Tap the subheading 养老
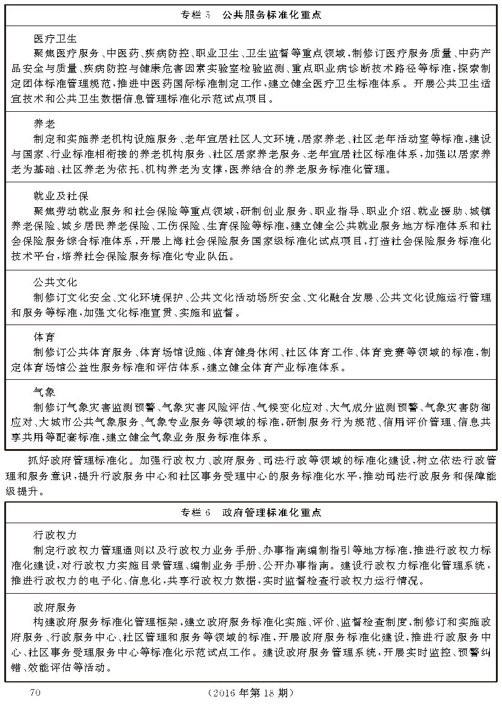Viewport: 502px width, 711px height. tap(44, 125)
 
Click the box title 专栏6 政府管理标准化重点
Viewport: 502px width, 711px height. tap(251, 512)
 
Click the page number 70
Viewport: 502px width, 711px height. tap(34, 692)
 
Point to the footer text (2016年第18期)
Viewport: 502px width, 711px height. tap(251, 693)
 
